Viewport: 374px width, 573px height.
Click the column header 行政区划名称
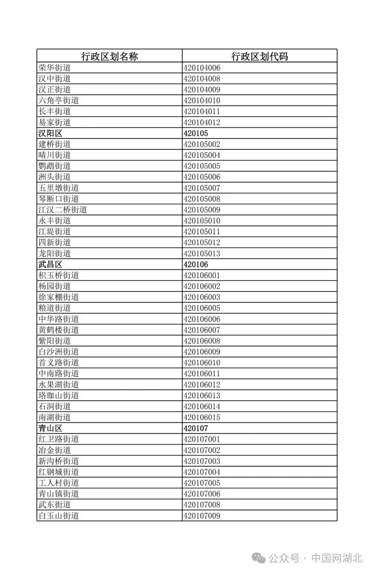(109, 56)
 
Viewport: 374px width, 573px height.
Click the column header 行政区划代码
(259, 56)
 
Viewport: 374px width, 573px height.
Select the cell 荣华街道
(55, 67)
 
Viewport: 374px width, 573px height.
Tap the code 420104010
(202, 100)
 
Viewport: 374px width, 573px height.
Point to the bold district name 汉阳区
(50, 133)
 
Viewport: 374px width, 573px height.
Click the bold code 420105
(196, 133)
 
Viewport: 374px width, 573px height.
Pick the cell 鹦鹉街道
(55, 166)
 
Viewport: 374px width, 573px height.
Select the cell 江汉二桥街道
(63, 210)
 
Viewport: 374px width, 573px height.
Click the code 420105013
(202, 253)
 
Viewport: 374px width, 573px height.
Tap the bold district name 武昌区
(50, 264)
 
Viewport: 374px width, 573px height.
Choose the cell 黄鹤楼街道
(59, 330)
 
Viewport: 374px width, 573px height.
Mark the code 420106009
(202, 352)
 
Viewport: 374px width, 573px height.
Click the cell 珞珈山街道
(59, 395)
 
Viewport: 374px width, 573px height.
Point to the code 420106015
(202, 417)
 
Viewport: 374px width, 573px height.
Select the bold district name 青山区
(50, 428)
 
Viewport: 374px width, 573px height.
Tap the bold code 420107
(196, 428)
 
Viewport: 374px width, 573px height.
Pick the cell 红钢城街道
(59, 472)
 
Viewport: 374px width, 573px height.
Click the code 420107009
(202, 516)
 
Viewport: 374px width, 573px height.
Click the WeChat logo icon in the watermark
(259, 558)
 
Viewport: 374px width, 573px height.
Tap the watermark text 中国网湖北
(337, 558)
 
